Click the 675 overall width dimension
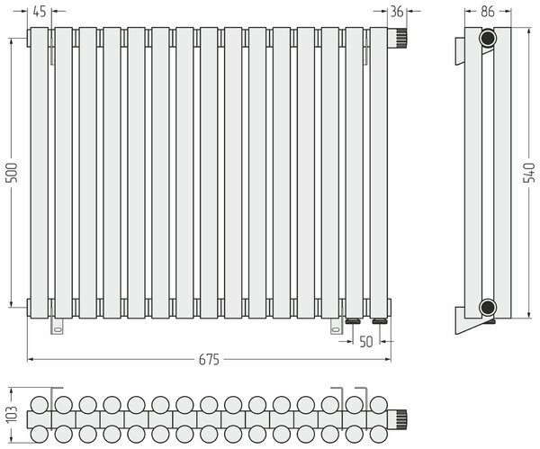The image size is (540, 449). [209, 360]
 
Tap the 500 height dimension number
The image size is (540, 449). [12, 173]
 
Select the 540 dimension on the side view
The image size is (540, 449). [529, 173]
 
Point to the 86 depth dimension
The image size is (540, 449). [488, 12]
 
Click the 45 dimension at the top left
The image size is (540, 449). [40, 12]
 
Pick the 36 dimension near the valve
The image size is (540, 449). [397, 12]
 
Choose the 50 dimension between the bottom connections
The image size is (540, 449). [366, 342]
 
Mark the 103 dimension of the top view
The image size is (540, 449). [12, 415]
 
